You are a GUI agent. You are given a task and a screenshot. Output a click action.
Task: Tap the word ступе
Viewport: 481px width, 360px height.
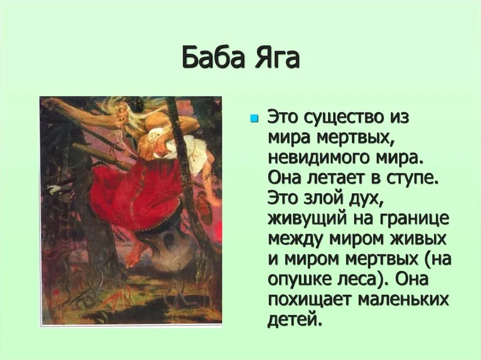pyautogui.click(x=415, y=179)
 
